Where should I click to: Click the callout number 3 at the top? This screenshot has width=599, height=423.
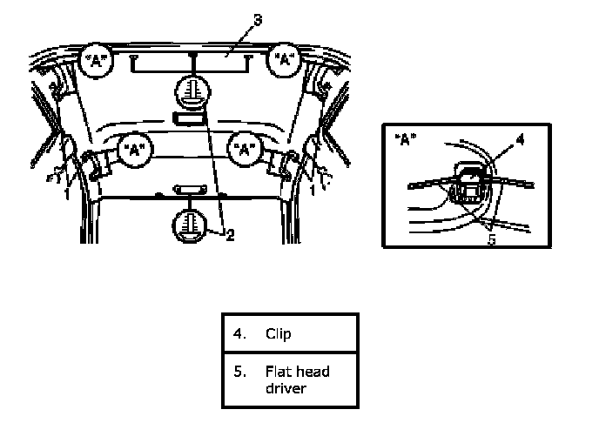click(259, 20)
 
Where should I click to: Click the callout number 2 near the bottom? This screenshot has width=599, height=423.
click(230, 235)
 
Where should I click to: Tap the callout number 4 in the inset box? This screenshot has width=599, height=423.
click(521, 140)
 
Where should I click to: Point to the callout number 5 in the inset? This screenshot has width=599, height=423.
click(492, 239)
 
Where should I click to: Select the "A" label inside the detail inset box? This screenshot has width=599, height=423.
click(406, 139)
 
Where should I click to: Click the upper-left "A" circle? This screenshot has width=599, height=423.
click(97, 60)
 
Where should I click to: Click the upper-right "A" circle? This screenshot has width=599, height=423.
click(284, 59)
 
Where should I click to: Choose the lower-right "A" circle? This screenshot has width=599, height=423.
click(244, 149)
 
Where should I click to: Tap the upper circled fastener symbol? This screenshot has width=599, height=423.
click(193, 93)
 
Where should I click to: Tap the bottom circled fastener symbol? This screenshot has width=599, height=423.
click(190, 226)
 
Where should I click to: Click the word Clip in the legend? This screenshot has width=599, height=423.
click(278, 333)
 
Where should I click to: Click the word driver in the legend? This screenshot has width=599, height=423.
click(286, 388)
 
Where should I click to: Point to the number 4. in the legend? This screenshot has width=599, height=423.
click(239, 333)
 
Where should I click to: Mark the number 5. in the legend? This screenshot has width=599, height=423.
click(239, 371)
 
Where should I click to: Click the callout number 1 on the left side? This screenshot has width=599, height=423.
click(67, 194)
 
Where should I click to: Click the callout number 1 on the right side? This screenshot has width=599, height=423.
click(313, 190)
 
